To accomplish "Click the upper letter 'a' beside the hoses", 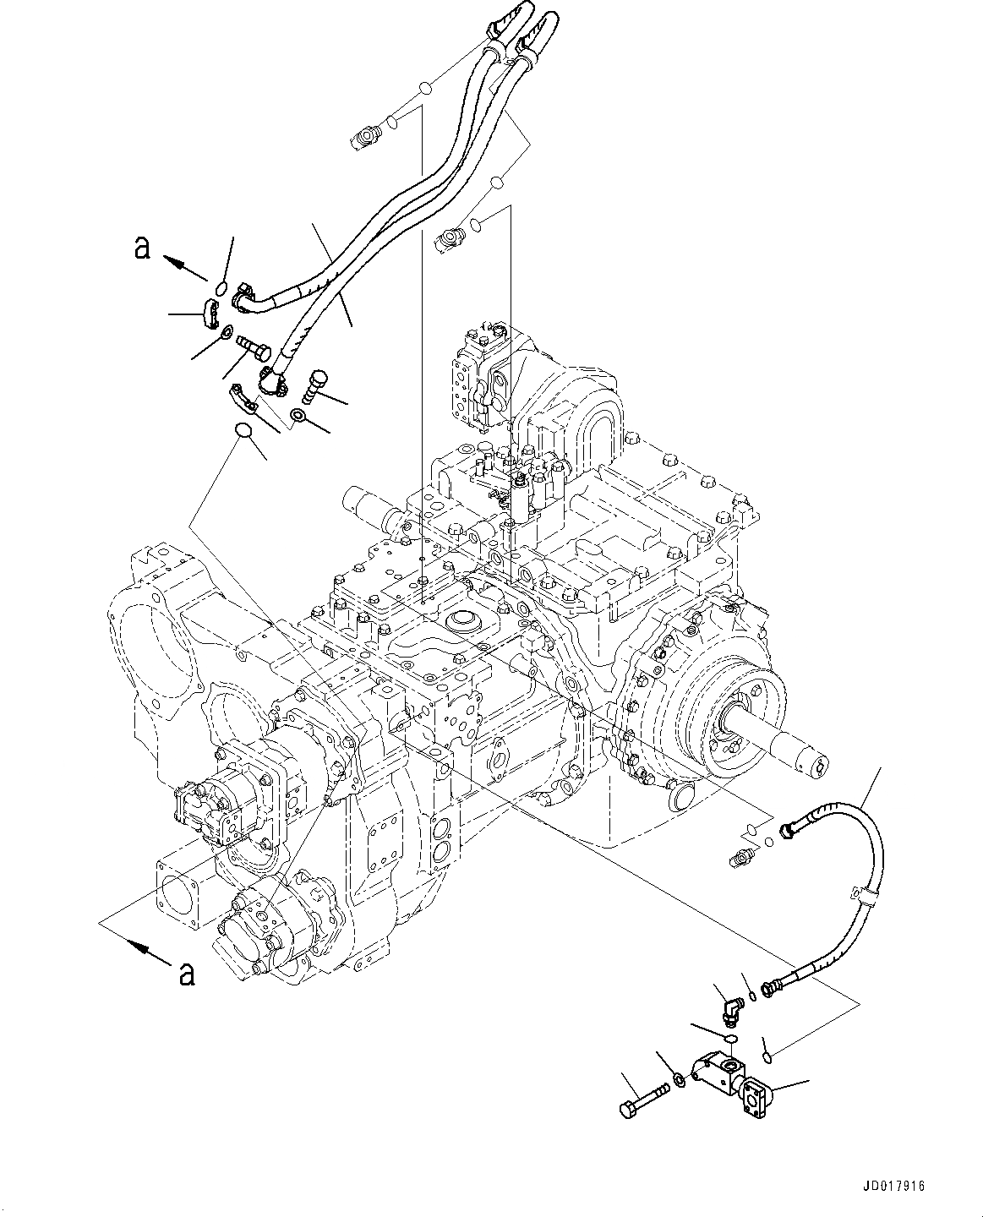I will (143, 248).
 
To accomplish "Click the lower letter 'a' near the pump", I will (186, 974).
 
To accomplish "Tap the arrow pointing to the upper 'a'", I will (184, 267).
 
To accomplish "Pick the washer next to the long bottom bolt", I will (679, 1079).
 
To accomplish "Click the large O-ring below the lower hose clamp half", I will (243, 431).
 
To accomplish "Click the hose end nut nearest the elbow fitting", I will (773, 985).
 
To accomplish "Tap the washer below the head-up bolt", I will (298, 415).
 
